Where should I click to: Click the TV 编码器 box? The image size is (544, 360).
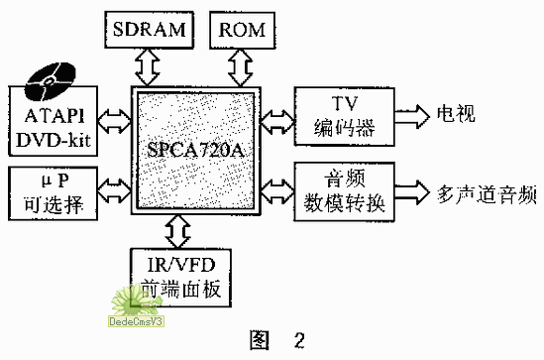(345, 117)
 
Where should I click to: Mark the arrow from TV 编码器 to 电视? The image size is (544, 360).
(410, 116)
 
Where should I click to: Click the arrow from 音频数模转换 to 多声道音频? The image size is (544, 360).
(410, 188)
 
